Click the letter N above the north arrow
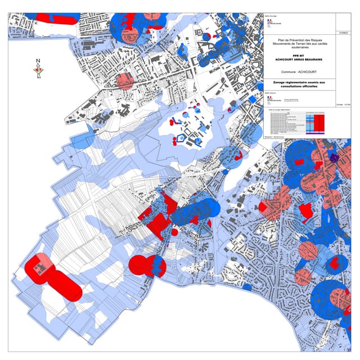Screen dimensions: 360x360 pyautogui.click(x=38, y=61)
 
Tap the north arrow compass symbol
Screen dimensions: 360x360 pyautogui.click(x=38, y=70)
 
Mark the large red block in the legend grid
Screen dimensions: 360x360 pyautogui.click(x=321, y=121)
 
